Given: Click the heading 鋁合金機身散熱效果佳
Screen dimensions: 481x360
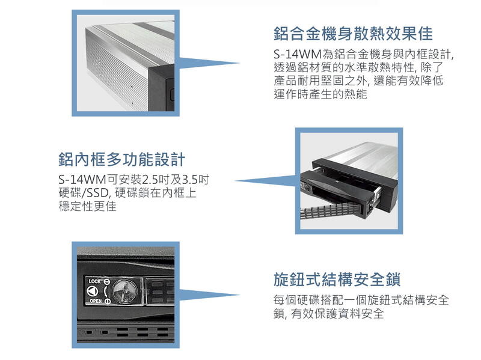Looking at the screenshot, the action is coord(353,34).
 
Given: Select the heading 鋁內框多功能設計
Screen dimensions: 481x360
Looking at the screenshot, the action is coord(122,159).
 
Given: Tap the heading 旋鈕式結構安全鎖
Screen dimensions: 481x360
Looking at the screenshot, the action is coord(337,279).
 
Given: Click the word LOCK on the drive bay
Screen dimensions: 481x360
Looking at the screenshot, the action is coord(94,281).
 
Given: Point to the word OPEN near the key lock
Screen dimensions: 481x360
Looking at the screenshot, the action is coord(96,301).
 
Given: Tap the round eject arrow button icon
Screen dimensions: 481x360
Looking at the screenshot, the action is coord(93,291).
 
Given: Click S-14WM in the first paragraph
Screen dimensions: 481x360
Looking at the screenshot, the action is coord(297,54).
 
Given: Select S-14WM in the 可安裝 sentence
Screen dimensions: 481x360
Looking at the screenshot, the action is coord(82,179).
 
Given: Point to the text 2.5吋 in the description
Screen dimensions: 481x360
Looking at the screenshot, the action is coord(153,179).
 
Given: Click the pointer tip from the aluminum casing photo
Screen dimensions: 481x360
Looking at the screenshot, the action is coord(240,64).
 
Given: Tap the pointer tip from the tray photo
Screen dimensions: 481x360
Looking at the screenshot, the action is coord(235,181).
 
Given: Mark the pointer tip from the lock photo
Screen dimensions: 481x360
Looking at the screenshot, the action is coord(240,295).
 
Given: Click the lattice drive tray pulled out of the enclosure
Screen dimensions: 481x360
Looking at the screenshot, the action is coord(330,211).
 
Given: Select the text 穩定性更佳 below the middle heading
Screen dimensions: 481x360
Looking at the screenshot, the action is coord(87,206).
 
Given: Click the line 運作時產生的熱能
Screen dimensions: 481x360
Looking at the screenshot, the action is coord(320,94).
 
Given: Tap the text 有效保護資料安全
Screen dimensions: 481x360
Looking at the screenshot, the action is coord(337,313).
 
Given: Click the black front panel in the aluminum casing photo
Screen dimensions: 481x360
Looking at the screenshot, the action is coord(161,89).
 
